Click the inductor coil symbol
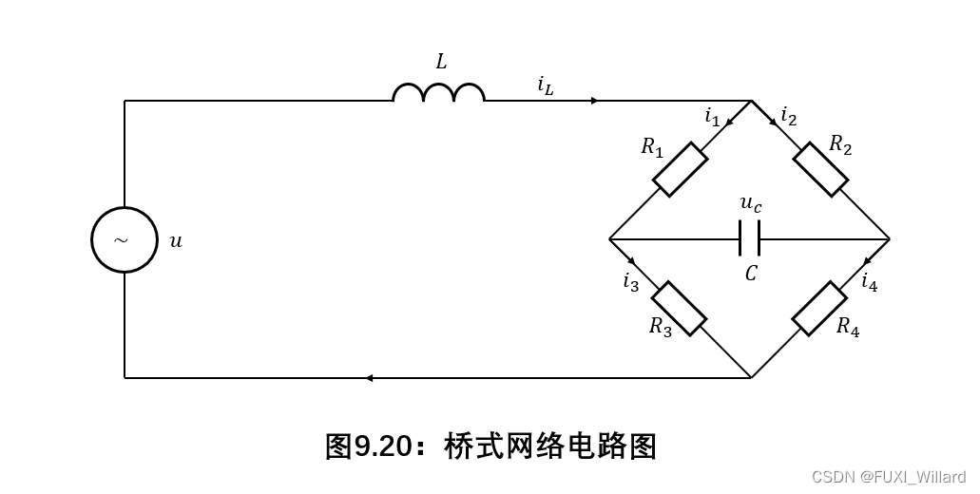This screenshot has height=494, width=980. tap(438, 92)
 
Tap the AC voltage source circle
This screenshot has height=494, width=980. tap(125, 239)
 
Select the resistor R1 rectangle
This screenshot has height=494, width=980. tap(680, 170)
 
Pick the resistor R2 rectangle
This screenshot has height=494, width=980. tap(820, 169)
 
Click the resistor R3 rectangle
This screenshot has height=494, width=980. tap(679, 308)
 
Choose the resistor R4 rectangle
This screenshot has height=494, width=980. tap(819, 308)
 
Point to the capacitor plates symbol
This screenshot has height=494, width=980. tap(749, 238)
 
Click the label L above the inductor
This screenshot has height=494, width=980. tap(441, 63)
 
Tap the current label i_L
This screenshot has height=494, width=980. tap(545, 85)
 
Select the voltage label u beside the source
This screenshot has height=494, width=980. tap(176, 241)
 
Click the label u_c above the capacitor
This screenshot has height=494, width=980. tap(751, 203)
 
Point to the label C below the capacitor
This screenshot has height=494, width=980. tap(751, 274)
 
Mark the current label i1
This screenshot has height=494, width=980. tap(712, 117)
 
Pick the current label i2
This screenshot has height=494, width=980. tap(788, 116)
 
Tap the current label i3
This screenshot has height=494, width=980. tap(631, 282)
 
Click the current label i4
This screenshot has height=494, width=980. tap(869, 281)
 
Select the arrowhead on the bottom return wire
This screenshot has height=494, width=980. tap(369, 378)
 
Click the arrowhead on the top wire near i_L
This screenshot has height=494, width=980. tap(594, 101)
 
